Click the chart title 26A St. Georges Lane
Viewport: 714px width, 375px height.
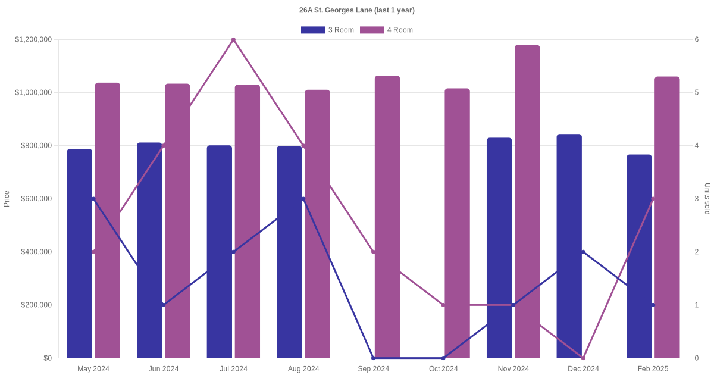tap(356, 10)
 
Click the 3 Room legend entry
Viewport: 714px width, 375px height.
tap(327, 30)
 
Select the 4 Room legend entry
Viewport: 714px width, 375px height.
tap(386, 30)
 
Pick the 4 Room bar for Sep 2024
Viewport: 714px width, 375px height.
tap(387, 217)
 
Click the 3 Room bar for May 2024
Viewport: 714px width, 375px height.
tap(79, 253)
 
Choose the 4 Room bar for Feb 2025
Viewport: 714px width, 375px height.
tap(667, 217)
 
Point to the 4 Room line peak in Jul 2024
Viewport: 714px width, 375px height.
tap(233, 40)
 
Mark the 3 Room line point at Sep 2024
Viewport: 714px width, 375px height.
tap(374, 358)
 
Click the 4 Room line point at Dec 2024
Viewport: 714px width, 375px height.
tap(583, 358)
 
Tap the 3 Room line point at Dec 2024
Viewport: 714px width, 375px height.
tap(583, 252)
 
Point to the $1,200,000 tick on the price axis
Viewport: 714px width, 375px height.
tap(33, 40)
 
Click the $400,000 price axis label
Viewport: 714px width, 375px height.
tap(36, 252)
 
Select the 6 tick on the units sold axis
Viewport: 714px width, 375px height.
tap(697, 40)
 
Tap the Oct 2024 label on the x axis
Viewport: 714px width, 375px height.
tap(443, 369)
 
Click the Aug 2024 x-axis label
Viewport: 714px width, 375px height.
tap(303, 369)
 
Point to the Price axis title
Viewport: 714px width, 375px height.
tap(7, 199)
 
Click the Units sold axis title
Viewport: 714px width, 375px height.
tap(707, 199)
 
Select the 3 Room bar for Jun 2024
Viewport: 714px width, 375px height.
tap(149, 250)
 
